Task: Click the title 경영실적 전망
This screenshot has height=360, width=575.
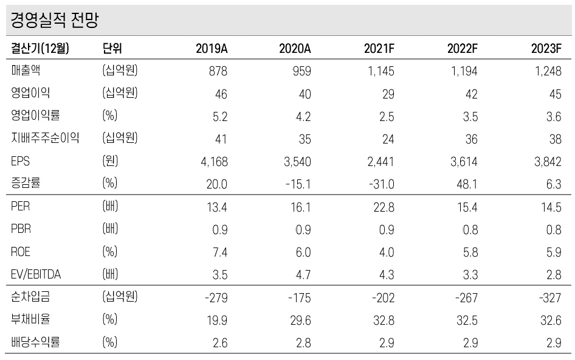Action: pyautogui.click(x=54, y=21)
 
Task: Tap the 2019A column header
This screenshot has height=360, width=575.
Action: pyautogui.click(x=211, y=49)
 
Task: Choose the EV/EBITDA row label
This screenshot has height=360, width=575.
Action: pyautogui.click(x=36, y=274)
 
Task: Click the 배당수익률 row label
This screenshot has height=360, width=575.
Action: pyautogui.click(x=35, y=342)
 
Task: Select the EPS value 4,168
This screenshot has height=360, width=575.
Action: pyautogui.click(x=213, y=161)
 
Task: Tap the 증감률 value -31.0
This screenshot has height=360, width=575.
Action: pyautogui.click(x=381, y=184)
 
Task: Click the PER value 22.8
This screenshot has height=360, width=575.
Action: pyautogui.click(x=384, y=207)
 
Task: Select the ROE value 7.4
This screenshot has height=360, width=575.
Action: pyautogui.click(x=219, y=252)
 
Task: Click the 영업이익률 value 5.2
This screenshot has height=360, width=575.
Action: pyautogui.click(x=219, y=116)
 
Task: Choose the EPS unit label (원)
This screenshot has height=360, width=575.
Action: pyautogui.click(x=110, y=161)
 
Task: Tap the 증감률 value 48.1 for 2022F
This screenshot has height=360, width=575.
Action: pyautogui.click(x=467, y=184)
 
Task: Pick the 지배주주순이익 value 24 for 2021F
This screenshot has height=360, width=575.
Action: pyautogui.click(x=387, y=139)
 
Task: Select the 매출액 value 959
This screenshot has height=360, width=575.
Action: pyautogui.click(x=300, y=71)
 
